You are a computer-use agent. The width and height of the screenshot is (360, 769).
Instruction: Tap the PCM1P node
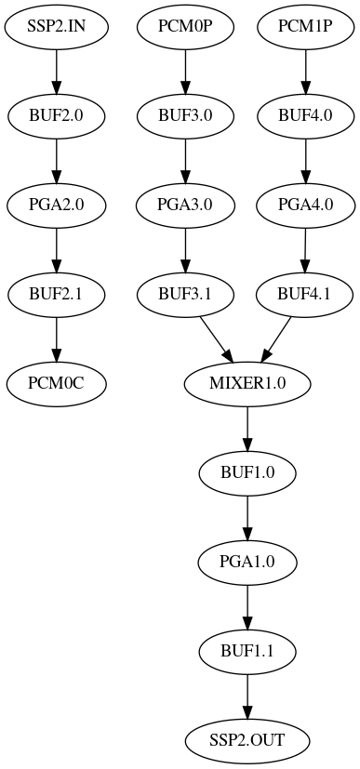click(x=305, y=27)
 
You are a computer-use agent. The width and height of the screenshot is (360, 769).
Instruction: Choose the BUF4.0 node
click(x=305, y=116)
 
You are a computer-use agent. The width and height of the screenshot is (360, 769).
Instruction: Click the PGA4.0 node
click(x=305, y=206)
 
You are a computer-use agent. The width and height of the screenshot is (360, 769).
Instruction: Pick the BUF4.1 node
click(x=304, y=295)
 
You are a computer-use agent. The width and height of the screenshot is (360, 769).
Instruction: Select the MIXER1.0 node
click(x=247, y=383)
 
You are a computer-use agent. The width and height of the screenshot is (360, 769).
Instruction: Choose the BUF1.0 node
click(x=247, y=472)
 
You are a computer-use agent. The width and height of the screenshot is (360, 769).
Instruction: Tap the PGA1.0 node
click(x=247, y=562)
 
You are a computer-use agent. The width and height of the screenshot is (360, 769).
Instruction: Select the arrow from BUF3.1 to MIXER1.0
click(x=216, y=339)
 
